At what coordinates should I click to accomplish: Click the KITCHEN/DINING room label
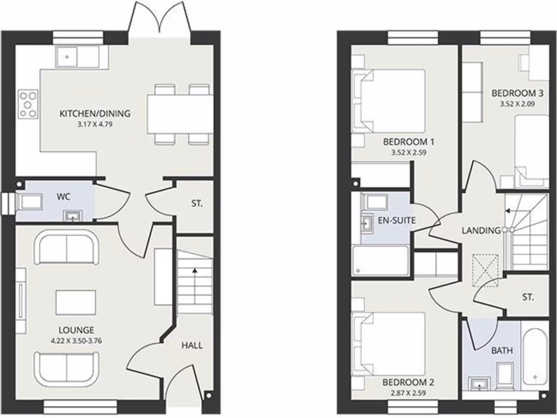[x=95, y=114]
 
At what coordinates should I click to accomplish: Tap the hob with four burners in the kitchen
[x=28, y=104]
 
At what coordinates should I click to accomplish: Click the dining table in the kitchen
[x=180, y=114]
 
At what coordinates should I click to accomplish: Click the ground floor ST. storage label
[x=196, y=204]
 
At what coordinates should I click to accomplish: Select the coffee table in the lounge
[x=76, y=303]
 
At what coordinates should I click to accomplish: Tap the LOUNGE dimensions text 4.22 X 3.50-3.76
[x=77, y=341]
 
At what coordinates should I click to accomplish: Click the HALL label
[x=192, y=345]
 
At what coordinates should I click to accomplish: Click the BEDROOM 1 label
[x=408, y=142]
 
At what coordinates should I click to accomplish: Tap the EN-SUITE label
[x=397, y=221]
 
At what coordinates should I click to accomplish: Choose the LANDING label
[x=481, y=230]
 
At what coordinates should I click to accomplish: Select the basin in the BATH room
[x=479, y=385]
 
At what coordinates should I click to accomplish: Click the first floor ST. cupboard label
[x=528, y=297]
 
